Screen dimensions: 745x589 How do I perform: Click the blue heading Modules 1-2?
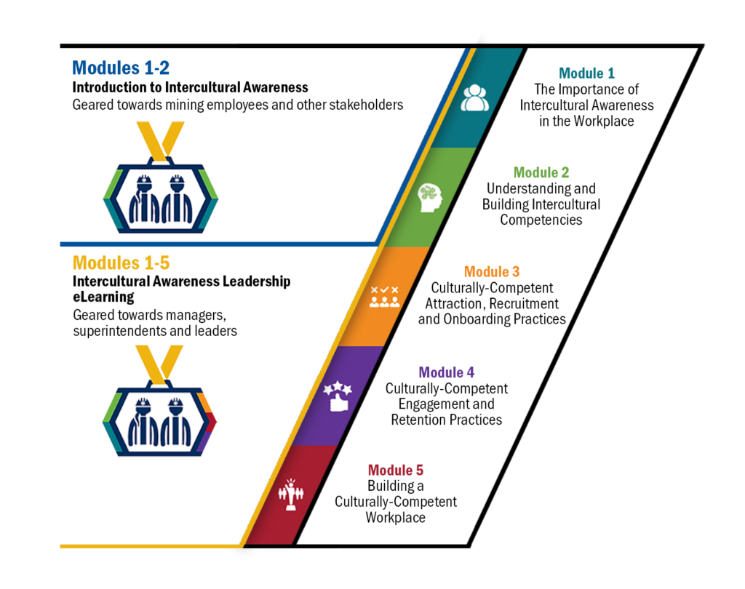click(121, 68)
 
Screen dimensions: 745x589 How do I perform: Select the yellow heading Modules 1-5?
click(121, 263)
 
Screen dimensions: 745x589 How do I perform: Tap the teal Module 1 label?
click(587, 73)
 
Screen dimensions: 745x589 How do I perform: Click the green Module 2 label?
click(541, 172)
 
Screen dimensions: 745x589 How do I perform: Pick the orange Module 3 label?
click(492, 272)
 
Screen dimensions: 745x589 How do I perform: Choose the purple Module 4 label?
click(447, 372)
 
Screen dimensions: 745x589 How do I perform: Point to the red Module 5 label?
click(395, 470)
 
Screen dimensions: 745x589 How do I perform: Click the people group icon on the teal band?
click(474, 98)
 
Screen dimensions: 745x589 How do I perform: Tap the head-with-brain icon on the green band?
click(430, 198)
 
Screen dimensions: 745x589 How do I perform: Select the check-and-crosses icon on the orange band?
click(384, 297)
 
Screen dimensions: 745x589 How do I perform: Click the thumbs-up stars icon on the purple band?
click(338, 396)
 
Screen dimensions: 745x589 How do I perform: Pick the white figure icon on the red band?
click(291, 494)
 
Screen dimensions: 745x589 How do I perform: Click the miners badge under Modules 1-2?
click(160, 177)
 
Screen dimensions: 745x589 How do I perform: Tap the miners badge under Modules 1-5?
click(159, 401)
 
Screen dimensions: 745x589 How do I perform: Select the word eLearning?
click(103, 297)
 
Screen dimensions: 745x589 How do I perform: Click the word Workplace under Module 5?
click(395, 517)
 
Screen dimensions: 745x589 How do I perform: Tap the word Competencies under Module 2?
click(541, 220)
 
